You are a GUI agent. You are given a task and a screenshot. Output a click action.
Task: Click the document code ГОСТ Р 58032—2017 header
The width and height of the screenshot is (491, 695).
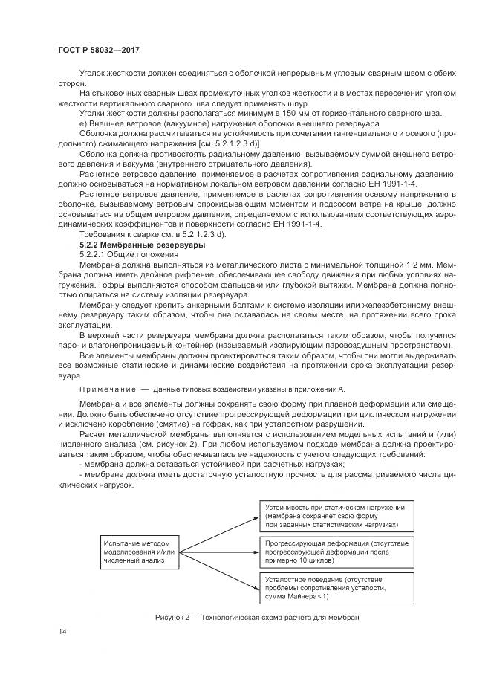pyautogui.click(x=99, y=50)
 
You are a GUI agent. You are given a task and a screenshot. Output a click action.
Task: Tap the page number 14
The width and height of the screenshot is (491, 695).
pyautogui.click(x=62, y=631)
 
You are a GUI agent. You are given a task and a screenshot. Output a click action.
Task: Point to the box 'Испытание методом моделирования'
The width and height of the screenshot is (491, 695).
pyautogui.click(x=140, y=552)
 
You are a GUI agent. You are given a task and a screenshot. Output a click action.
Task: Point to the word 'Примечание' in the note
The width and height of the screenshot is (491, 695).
pyautogui.click(x=104, y=389)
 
